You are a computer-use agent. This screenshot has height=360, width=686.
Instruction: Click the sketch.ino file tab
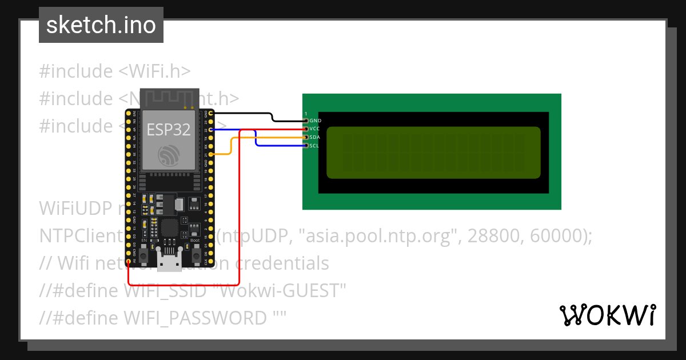point(101,25)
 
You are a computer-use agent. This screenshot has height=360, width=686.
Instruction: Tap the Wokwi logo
point(607,315)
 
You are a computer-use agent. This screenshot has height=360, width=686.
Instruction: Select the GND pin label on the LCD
point(315,121)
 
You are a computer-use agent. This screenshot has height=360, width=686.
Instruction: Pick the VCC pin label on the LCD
point(315,129)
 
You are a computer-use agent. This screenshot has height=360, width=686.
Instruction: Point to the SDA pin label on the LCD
point(315,137)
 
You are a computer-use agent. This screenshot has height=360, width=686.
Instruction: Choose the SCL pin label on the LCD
point(315,146)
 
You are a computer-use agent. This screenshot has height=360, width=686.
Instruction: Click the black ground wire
point(246,114)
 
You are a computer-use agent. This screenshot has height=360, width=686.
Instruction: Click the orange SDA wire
point(230,146)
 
